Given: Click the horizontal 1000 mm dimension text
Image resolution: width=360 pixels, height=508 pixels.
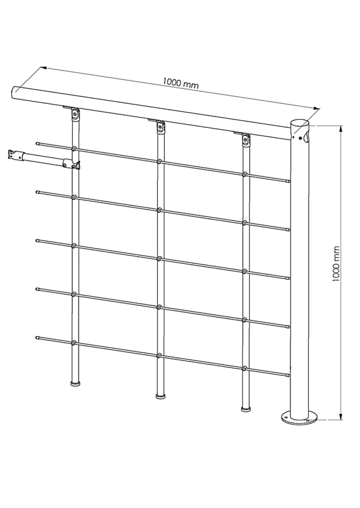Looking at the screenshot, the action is (181, 83).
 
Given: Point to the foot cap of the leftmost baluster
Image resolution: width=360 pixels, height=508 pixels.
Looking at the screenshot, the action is (75, 384).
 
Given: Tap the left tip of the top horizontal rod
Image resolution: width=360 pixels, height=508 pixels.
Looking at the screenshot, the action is (37, 143).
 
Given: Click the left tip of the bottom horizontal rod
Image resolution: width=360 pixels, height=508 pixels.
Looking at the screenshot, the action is (37, 338).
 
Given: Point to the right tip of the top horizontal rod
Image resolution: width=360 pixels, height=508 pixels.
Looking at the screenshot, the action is (288, 181).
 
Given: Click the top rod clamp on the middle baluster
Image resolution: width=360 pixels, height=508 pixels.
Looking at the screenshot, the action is (160, 162).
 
